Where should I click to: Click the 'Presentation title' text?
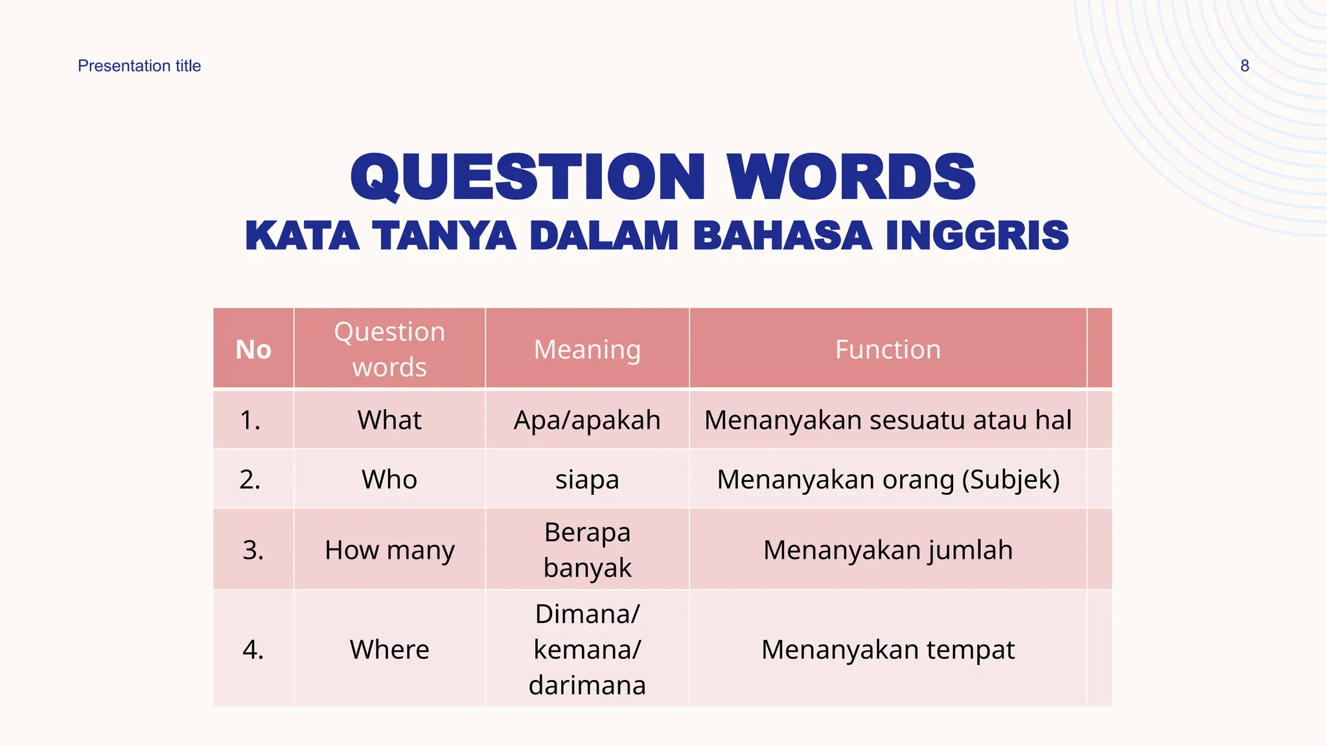[x=139, y=66]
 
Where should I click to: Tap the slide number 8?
[x=1244, y=66]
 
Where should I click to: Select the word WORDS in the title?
[x=851, y=177]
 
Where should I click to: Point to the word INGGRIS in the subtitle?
[x=977, y=235]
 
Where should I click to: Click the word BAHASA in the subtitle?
[x=782, y=235]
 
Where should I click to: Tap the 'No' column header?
[x=253, y=350]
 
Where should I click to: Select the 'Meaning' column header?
[x=587, y=350]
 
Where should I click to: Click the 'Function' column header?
[x=888, y=350]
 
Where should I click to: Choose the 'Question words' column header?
[x=389, y=350]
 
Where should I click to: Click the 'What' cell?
[x=389, y=420]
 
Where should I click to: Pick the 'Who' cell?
[x=389, y=480]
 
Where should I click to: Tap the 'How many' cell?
[x=389, y=550]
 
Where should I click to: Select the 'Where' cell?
[x=389, y=650]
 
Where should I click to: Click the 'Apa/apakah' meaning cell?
[x=587, y=420]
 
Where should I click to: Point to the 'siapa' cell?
[x=587, y=480]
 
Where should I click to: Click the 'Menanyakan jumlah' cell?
[x=888, y=550]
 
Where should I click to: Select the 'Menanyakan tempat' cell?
[x=888, y=650]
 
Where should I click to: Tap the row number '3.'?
[x=253, y=550]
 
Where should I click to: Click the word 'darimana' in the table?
[x=587, y=685]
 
